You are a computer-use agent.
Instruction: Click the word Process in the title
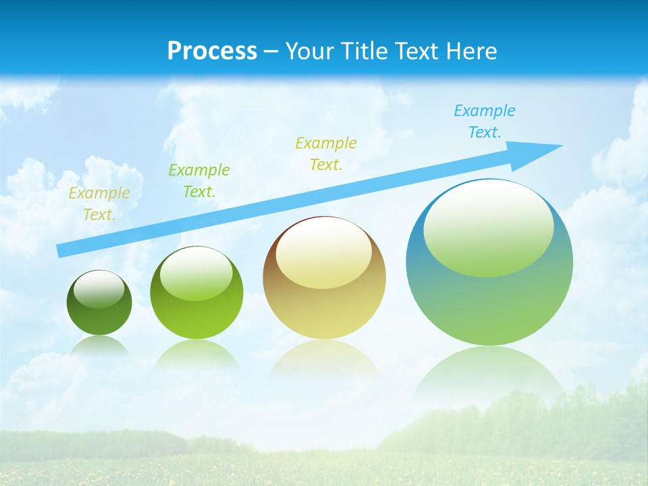click(x=212, y=51)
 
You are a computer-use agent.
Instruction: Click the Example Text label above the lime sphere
click(x=198, y=181)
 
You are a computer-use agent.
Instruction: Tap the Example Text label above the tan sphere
click(x=325, y=154)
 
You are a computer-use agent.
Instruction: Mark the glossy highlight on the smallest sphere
click(x=99, y=288)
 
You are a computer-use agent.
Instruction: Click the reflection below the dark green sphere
click(x=99, y=346)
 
